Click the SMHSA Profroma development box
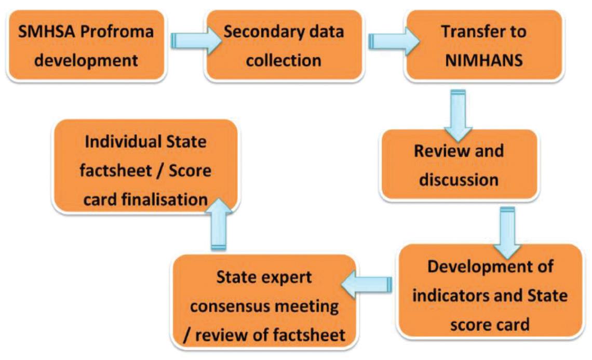pyautogui.click(x=86, y=46)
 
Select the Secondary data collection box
pyautogui.click(x=284, y=46)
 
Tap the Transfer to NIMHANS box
pyautogui.click(x=483, y=46)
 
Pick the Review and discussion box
pyautogui.click(x=458, y=165)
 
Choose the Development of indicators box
pyautogui.click(x=490, y=296)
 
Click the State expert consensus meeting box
pyautogui.click(x=265, y=306)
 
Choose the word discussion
pyautogui.click(x=458, y=180)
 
